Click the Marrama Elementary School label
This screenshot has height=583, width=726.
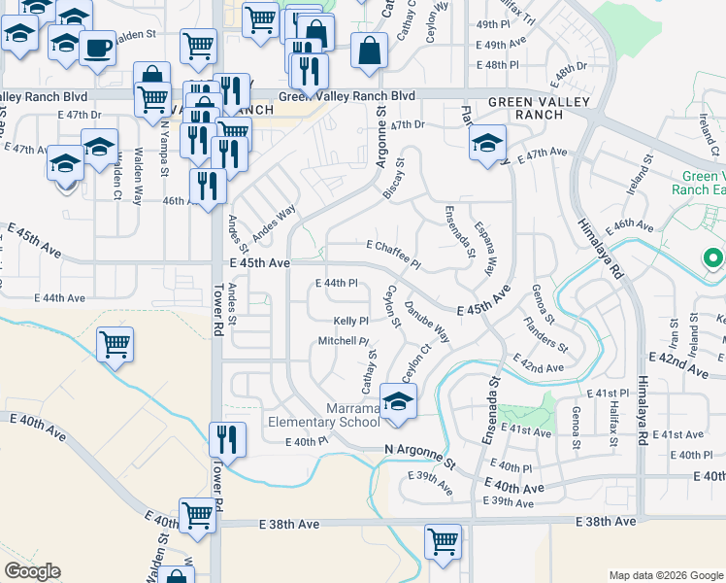point(323,415)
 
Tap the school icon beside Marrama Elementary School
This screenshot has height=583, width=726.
point(397,400)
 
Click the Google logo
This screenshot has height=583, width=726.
point(32,571)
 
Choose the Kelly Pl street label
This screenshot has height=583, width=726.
point(350,321)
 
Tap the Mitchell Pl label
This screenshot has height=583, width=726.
point(345,341)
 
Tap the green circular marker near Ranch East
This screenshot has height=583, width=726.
point(713,258)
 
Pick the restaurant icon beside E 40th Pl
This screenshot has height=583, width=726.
point(228,438)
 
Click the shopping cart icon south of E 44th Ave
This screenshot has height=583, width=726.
point(115,343)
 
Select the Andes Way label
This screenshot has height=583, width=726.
point(274,223)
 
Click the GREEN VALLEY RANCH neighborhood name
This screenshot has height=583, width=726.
point(525,108)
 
